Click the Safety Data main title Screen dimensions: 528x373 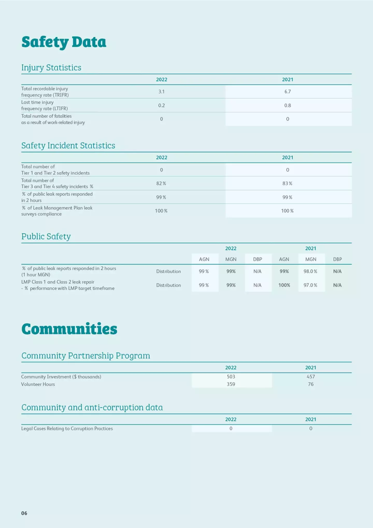pos(64,42)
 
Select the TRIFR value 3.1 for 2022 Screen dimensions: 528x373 pos(161,92)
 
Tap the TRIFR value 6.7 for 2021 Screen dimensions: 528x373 pos(288,92)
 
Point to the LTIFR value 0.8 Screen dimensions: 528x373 pos(288,105)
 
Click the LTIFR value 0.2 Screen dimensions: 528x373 pos(161,105)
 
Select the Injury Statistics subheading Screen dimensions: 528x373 pos(51,67)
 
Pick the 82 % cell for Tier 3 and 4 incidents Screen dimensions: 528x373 pos(161,183)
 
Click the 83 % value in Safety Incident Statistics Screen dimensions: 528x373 pos(287,183)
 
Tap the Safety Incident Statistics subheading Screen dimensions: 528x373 pos(68,145)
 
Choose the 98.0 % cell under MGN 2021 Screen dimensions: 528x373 pos(310,271)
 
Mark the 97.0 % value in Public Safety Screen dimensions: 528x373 pos(310,285)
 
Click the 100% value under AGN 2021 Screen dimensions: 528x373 pos(284,285)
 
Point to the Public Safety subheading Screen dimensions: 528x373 pos(46,236)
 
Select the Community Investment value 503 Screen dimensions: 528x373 pos(231,377)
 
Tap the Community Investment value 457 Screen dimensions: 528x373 pos(311,377)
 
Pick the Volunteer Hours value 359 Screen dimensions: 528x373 pos(231,384)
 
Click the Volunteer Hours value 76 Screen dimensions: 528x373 pos(311,384)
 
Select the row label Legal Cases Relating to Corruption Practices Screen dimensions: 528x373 pos(67,428)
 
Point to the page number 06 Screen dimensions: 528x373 pos(24,513)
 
